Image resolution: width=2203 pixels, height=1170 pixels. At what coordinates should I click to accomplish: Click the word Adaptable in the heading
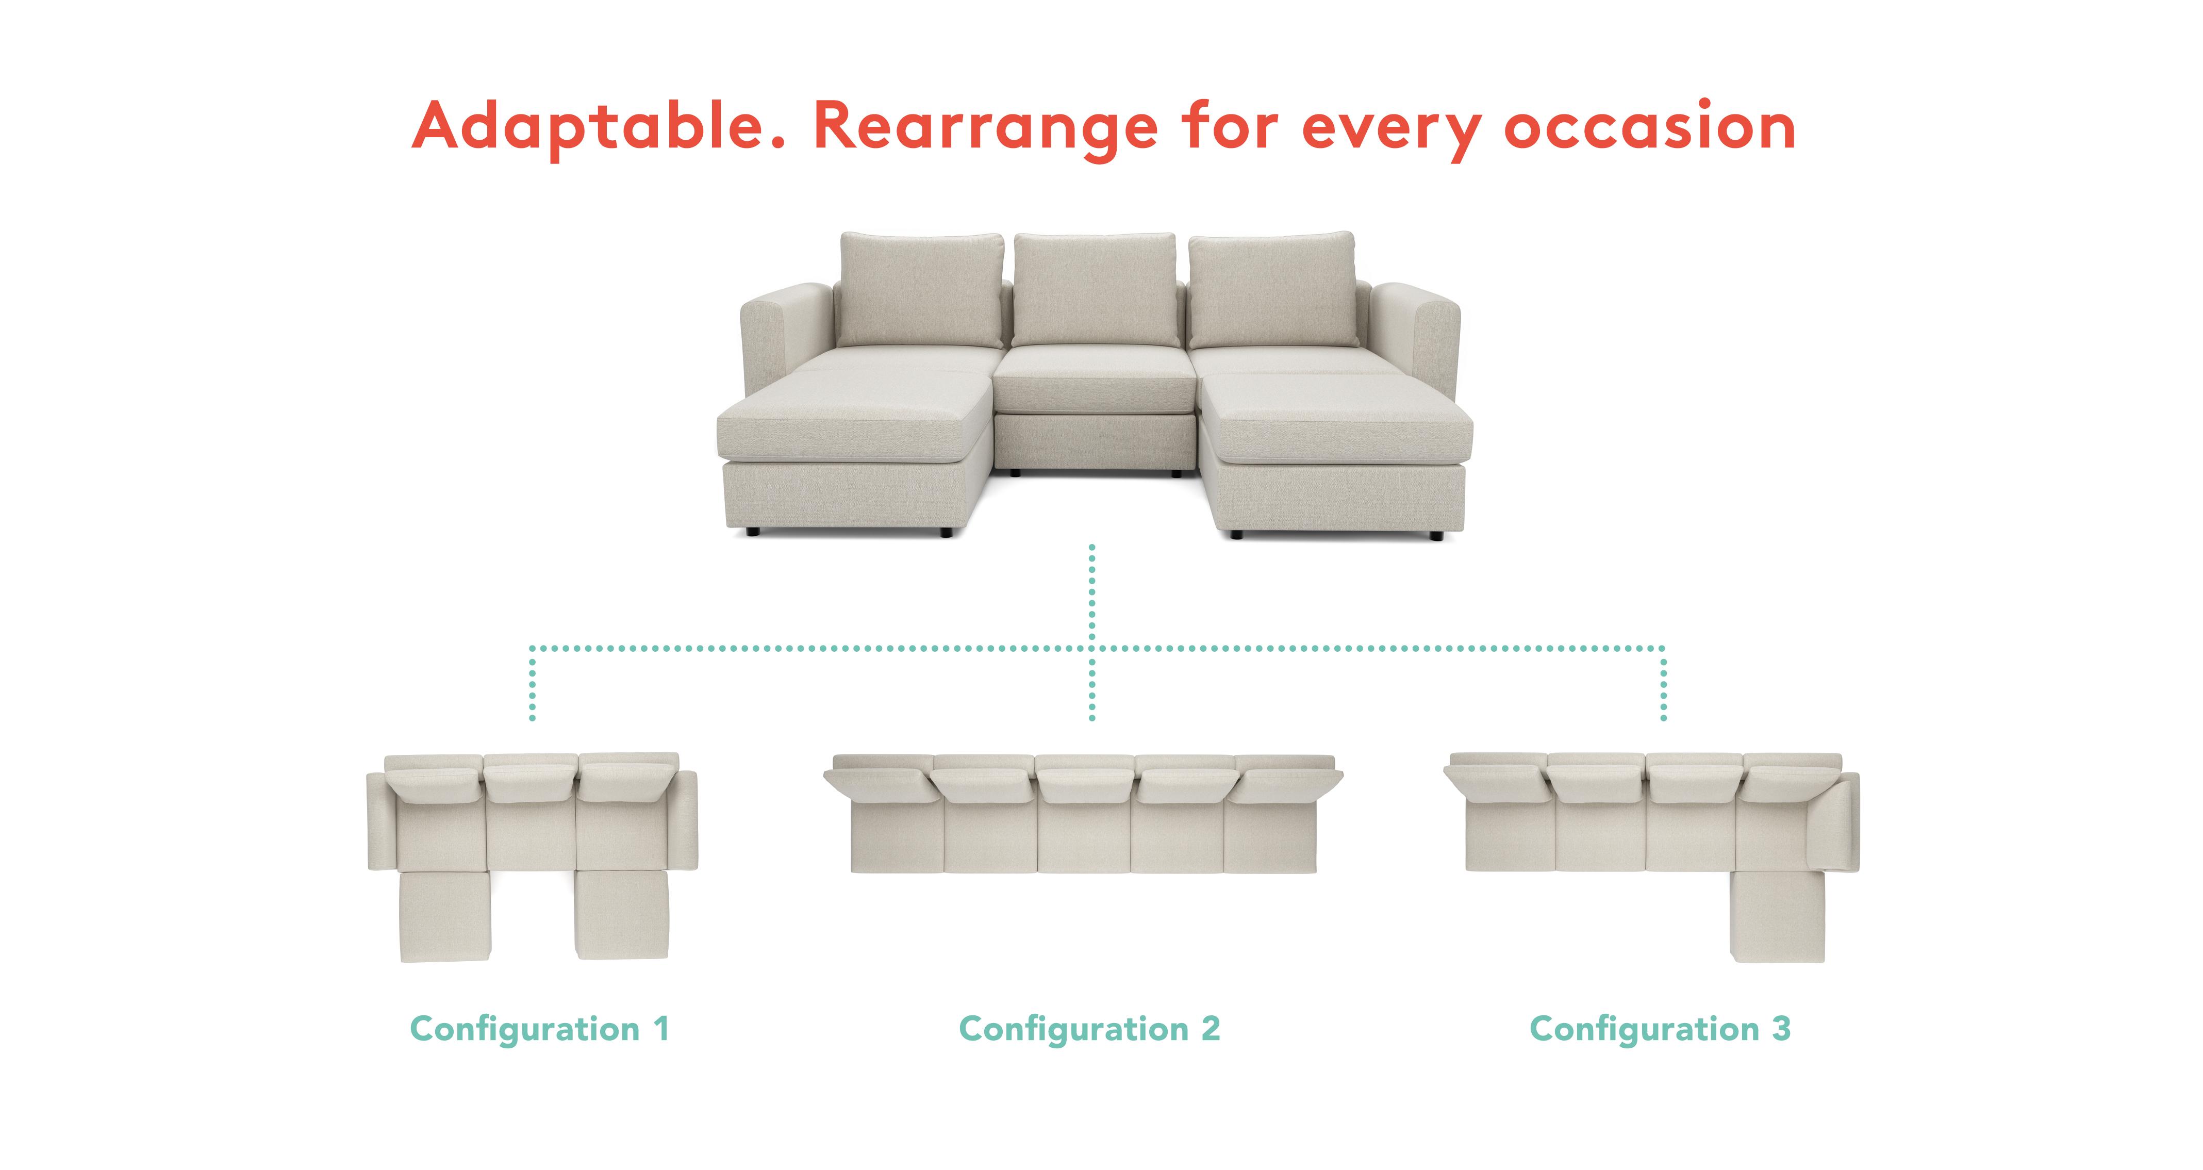[x=599, y=126]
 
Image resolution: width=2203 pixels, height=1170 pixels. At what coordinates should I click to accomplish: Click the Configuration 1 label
[x=539, y=1029]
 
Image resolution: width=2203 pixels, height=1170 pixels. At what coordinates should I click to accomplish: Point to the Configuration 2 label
[x=1089, y=1029]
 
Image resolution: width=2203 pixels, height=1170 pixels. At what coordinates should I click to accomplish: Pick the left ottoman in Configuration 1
[x=445, y=916]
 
